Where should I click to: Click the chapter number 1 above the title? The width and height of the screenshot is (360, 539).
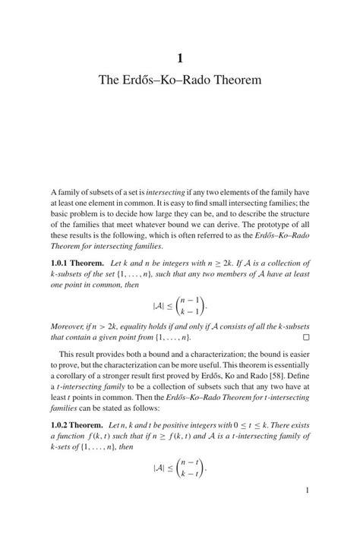180,56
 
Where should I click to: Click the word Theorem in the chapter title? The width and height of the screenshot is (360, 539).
235,80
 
